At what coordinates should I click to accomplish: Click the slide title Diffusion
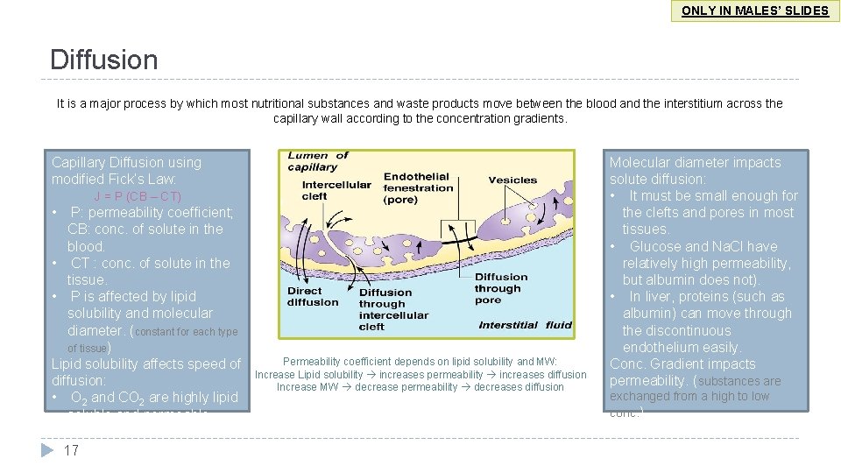pos(104,60)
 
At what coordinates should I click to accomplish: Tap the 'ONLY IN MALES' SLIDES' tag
pos(755,11)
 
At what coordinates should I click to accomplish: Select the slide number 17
pos(72,450)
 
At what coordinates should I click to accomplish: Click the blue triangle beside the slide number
pos(47,450)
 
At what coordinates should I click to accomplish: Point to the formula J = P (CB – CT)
pos(138,196)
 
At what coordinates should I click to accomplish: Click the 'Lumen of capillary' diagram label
pos(318,161)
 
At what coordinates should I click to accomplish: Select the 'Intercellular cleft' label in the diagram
pos(336,190)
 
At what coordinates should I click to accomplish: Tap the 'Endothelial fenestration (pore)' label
pos(418,187)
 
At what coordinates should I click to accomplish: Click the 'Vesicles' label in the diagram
pos(512,180)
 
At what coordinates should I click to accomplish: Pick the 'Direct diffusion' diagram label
pos(312,296)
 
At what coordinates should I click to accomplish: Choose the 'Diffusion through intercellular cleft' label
pos(393,309)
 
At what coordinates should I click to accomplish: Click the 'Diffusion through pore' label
pos(501,288)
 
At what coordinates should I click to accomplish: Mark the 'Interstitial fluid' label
pos(525,325)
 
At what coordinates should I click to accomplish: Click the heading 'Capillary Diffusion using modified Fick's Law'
pos(126,171)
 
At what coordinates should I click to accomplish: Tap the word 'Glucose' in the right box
pos(654,246)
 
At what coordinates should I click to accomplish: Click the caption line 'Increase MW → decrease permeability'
pos(420,386)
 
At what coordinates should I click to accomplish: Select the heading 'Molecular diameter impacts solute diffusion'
pos(695,171)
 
